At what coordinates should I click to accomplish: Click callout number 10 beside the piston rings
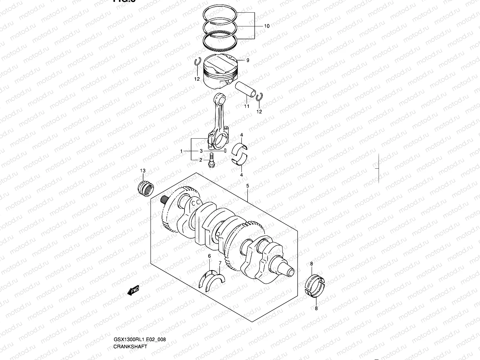point(267,26)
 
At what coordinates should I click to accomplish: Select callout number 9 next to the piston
point(248,60)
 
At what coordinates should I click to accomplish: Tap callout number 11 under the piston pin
point(246,106)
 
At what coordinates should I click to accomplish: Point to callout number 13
point(143,171)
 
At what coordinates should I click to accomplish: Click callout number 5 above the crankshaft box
point(247,186)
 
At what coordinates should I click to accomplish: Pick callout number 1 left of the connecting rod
point(181,151)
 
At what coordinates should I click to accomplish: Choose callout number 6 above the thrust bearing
point(209,256)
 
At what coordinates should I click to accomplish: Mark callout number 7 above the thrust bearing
point(220,263)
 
